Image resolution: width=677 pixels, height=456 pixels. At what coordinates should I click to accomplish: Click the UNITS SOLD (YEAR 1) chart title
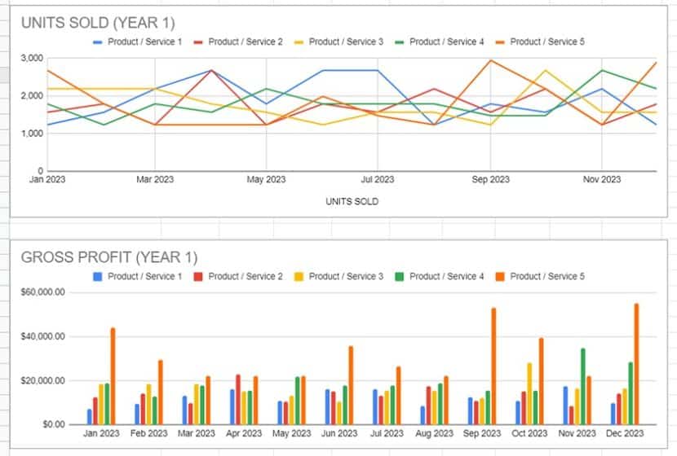(x=98, y=23)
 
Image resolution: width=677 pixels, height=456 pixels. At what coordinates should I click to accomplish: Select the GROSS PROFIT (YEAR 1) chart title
(x=109, y=258)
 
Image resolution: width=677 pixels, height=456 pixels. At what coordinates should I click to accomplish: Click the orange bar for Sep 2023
(x=493, y=366)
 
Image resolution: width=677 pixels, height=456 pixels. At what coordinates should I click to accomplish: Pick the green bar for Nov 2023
(x=582, y=386)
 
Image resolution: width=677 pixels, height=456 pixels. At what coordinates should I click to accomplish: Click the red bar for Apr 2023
(x=238, y=399)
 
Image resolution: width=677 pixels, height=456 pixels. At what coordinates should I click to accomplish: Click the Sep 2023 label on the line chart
(x=489, y=179)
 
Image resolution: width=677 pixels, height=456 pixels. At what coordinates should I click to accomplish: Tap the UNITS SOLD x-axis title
(x=352, y=201)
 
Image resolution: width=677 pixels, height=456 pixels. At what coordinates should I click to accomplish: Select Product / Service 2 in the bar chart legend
(x=246, y=277)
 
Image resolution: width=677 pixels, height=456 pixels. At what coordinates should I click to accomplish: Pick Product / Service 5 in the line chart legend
(x=546, y=42)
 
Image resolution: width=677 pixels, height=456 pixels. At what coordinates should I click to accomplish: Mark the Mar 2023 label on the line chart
(x=155, y=179)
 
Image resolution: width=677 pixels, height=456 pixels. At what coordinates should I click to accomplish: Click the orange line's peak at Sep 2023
(x=490, y=60)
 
